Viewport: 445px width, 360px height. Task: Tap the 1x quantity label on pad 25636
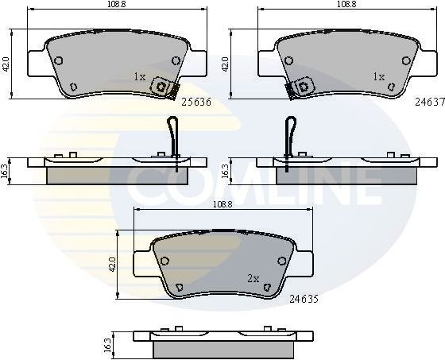point(140,77)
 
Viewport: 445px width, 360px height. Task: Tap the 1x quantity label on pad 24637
point(378,77)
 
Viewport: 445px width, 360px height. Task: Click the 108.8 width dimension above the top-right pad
point(346,5)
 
